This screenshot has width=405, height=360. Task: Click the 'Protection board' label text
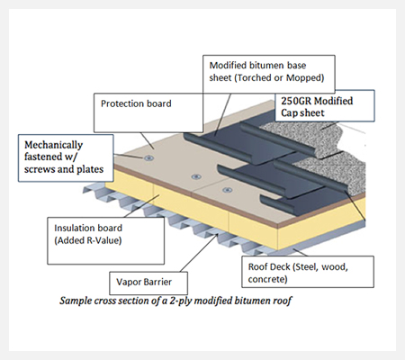(136, 103)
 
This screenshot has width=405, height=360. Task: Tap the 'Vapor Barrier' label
(144, 282)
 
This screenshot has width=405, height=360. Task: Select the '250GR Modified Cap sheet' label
(317, 107)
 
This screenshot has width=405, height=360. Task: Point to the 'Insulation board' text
(88, 228)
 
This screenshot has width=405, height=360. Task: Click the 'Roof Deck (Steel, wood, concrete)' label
(298, 273)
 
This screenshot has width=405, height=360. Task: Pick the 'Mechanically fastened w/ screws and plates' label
(64, 157)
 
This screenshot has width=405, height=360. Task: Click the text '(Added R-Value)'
(88, 240)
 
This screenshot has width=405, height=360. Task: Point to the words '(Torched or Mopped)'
(279, 78)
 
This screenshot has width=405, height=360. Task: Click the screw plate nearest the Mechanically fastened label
(148, 158)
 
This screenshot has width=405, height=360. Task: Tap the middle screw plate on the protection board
(196, 176)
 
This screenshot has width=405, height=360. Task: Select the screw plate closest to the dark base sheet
(228, 190)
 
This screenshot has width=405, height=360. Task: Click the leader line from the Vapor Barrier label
(200, 253)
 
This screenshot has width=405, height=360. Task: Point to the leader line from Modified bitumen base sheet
(223, 114)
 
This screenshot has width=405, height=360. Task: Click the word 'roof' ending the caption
(282, 301)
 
